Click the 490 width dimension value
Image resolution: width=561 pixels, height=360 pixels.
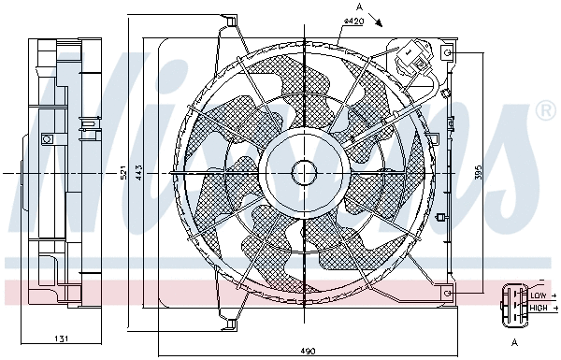click(x=308, y=351)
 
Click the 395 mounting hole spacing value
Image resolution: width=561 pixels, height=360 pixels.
click(x=478, y=174)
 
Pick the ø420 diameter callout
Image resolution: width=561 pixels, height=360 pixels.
click(x=353, y=21)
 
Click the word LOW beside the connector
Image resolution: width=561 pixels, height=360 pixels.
click(x=538, y=295)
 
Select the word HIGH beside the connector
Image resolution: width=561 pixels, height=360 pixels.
click(x=539, y=308)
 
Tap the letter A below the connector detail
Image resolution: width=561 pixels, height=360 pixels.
click(x=514, y=343)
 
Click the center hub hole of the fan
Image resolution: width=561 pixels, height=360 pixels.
click(x=304, y=173)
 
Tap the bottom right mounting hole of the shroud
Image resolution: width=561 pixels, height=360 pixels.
click(x=449, y=294)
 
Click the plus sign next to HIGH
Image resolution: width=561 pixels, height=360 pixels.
click(x=554, y=308)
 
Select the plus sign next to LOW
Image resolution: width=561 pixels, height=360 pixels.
click(x=554, y=295)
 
